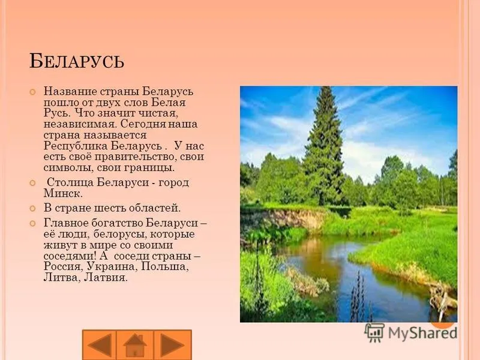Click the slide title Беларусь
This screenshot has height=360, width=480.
pos(77,61)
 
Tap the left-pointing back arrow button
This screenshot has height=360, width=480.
pos(99,345)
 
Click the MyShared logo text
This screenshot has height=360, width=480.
pos(422,333)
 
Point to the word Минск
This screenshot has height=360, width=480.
pos(63,193)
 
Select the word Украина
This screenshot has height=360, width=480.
pos(112,266)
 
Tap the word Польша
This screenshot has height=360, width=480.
pos(164,266)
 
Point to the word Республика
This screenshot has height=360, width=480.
pos(76,146)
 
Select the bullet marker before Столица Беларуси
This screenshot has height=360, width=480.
pos(32,183)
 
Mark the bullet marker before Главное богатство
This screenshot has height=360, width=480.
pos(32,223)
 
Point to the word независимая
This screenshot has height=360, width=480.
pos(80,125)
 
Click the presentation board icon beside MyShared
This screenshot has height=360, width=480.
pos(374,332)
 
